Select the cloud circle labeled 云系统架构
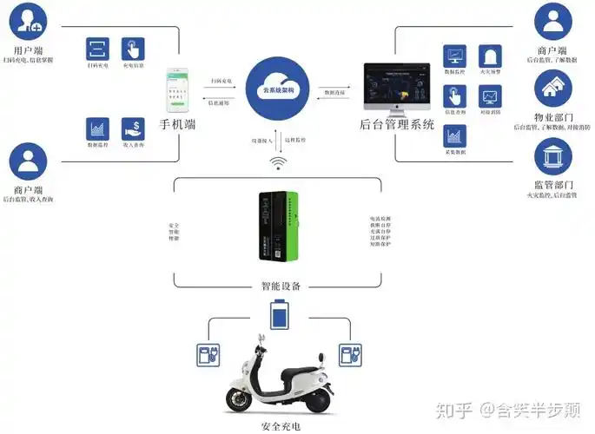(279, 90)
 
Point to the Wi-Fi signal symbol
(278, 163)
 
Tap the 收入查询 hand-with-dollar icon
(133, 129)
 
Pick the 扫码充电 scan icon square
(97, 49)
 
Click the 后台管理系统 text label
(397, 124)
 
